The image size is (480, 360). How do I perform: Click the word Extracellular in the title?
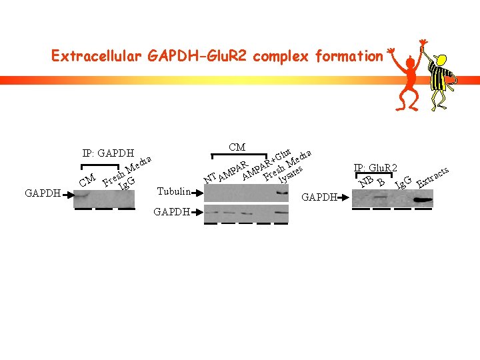[x=96, y=56]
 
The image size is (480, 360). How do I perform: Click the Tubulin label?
[x=173, y=192]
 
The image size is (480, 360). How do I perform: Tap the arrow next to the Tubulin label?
[x=195, y=193]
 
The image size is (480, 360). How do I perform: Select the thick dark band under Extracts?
[x=423, y=198]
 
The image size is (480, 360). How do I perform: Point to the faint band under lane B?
[x=381, y=197]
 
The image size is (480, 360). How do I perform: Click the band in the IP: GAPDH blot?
[x=83, y=196]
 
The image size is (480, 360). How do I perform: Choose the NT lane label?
[x=210, y=178]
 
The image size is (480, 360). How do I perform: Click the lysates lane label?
[x=291, y=174]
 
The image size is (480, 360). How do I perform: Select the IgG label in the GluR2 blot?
[x=403, y=181]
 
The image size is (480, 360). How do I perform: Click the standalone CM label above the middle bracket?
[x=237, y=147]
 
